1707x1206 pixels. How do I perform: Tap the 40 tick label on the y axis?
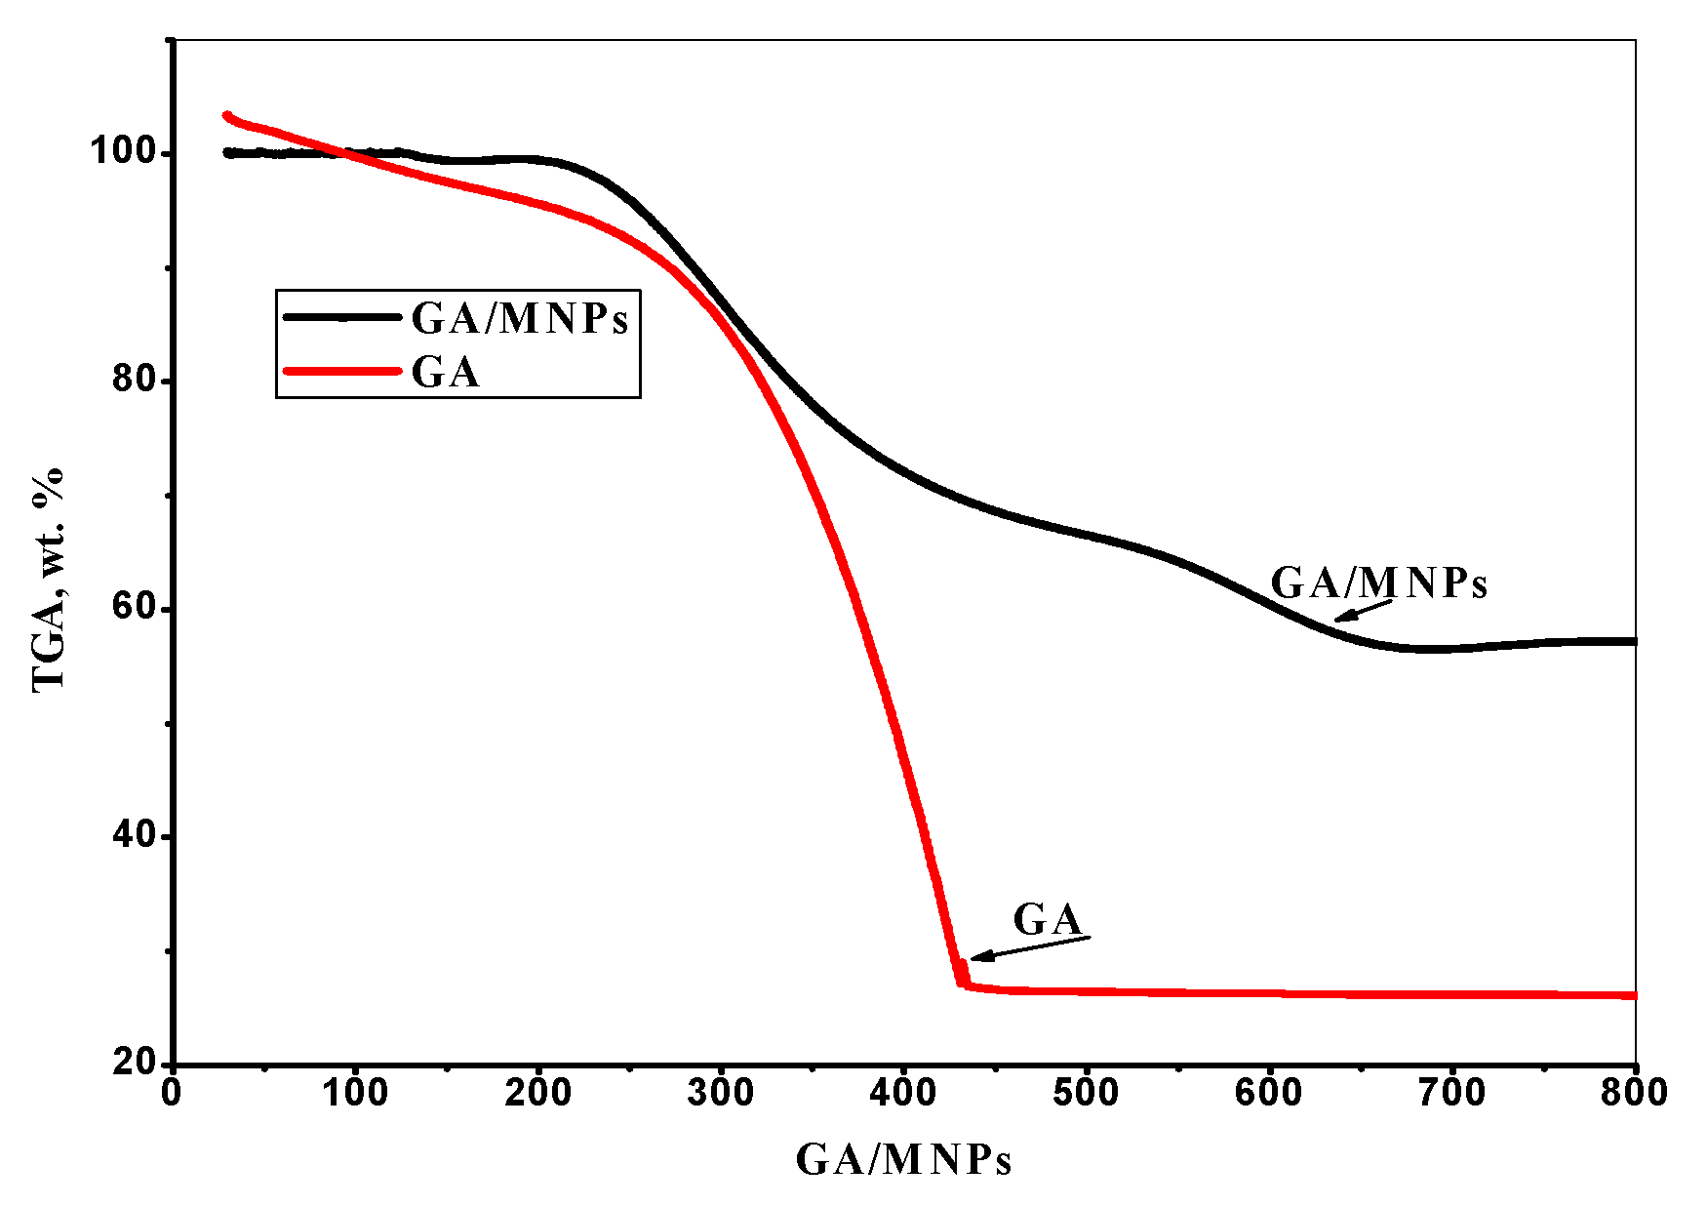(x=136, y=835)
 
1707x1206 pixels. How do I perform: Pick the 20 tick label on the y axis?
(x=136, y=1063)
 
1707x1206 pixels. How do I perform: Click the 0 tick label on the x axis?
(x=172, y=1094)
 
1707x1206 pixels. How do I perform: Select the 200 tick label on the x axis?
(x=537, y=1094)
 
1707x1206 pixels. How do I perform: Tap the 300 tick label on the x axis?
(x=721, y=1094)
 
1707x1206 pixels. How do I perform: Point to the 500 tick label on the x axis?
(x=1087, y=1094)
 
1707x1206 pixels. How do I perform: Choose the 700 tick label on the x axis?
(x=1452, y=1094)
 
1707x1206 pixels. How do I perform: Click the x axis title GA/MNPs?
(x=903, y=1160)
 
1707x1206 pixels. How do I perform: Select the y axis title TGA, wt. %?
(x=49, y=580)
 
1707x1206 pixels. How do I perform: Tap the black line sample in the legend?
(x=341, y=316)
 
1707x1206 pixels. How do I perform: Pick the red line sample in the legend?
(x=341, y=371)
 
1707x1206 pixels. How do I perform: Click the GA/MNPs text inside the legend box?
(x=520, y=318)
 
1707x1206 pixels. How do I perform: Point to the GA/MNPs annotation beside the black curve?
(x=1378, y=583)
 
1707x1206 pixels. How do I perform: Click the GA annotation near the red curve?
(x=1048, y=919)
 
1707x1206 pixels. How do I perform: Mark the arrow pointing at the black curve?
(x=1363, y=610)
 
